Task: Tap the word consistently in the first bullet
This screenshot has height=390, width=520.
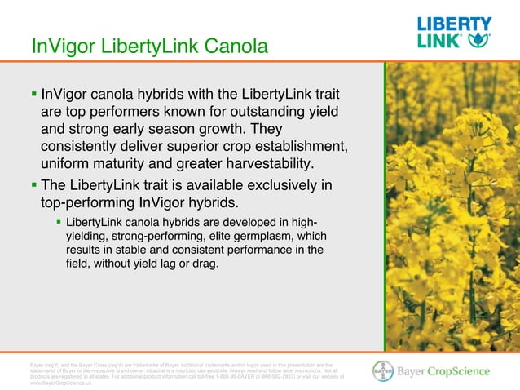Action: pyautogui.click(x=86, y=146)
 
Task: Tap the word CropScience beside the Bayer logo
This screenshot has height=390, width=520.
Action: pyautogui.click(x=461, y=371)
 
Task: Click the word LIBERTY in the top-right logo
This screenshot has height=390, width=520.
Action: pyautogui.click(x=454, y=24)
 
